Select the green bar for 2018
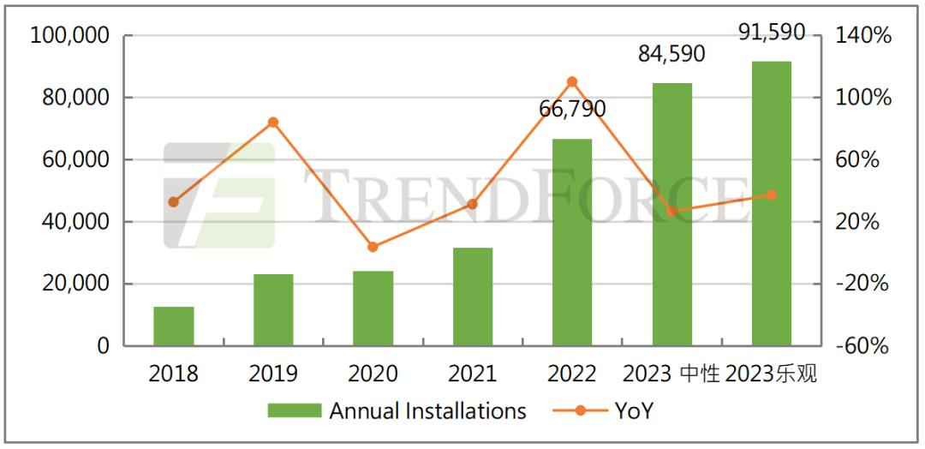pyautogui.click(x=174, y=326)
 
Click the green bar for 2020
pyautogui.click(x=373, y=308)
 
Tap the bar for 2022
pyautogui.click(x=572, y=242)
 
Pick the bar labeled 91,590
pyautogui.click(x=771, y=204)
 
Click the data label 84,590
pyautogui.click(x=671, y=54)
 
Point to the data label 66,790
pyautogui.click(x=572, y=110)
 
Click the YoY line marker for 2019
pyautogui.click(x=273, y=123)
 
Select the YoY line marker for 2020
pyautogui.click(x=373, y=247)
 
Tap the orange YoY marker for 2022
pyautogui.click(x=572, y=82)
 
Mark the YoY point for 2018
pyautogui.click(x=174, y=202)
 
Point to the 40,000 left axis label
pyautogui.click(x=75, y=222)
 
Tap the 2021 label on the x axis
pyautogui.click(x=472, y=374)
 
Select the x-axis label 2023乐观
pyautogui.click(x=771, y=374)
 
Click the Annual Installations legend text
pyautogui.click(x=427, y=411)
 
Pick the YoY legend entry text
pyautogui.click(x=634, y=411)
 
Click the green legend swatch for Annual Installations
pyautogui.click(x=294, y=411)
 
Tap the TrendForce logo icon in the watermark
pyautogui.click(x=219, y=195)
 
